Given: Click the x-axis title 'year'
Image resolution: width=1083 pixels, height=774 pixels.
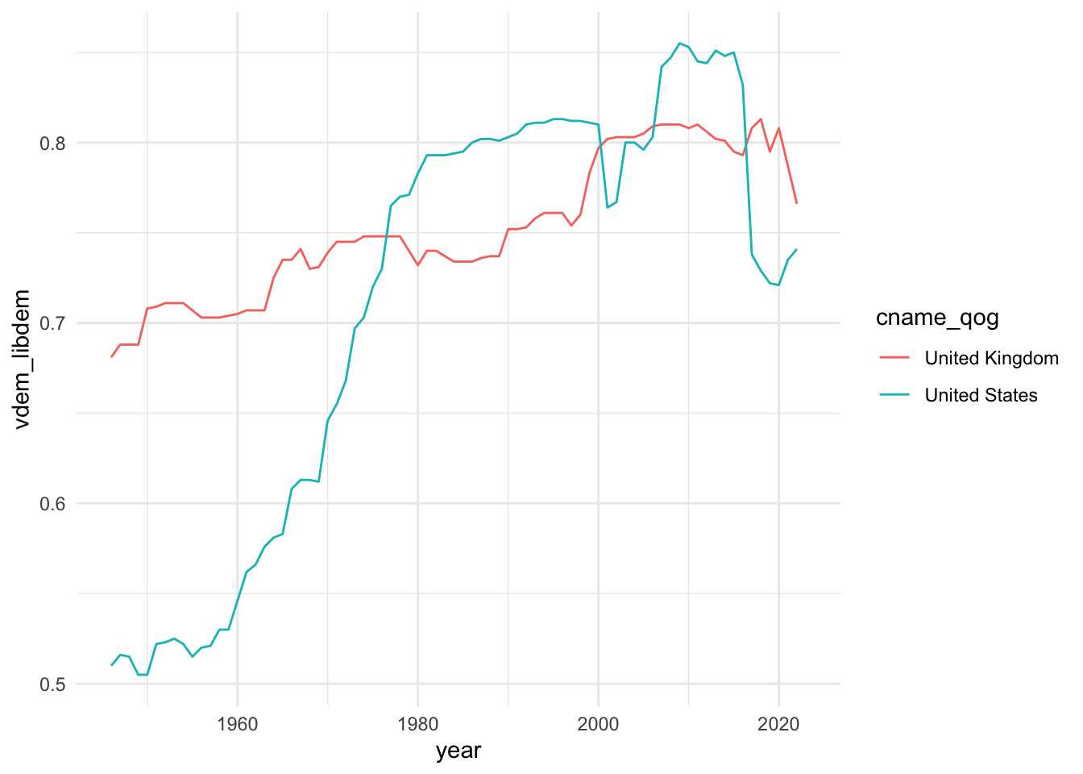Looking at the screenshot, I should tap(459, 751).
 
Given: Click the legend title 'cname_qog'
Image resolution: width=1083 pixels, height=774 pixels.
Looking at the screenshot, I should tap(937, 318).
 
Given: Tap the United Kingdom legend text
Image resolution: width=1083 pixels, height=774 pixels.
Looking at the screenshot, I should tap(991, 358).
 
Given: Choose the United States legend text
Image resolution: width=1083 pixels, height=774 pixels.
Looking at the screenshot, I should tap(981, 395).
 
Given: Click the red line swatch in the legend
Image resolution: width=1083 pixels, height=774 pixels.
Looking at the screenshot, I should tap(894, 358).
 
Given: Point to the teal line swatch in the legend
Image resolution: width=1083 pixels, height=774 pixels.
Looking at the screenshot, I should tap(894, 395).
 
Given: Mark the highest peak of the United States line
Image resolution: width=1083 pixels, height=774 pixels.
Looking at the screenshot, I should tap(679, 44).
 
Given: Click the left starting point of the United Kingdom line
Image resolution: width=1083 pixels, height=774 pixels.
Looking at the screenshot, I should tap(111, 356).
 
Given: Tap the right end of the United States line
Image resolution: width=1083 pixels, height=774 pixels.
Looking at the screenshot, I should tap(796, 249).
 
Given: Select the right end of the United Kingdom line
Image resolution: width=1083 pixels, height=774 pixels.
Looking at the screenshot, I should tap(796, 203).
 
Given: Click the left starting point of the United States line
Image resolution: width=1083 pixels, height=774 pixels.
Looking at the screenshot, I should tap(111, 665).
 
